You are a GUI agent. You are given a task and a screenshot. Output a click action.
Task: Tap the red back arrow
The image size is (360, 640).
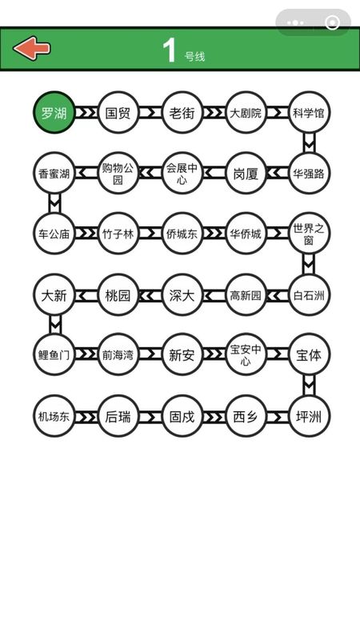[32, 49]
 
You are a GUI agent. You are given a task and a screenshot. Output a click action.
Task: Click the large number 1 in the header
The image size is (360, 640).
[169, 50]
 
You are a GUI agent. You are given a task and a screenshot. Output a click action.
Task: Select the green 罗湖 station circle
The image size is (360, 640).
[54, 112]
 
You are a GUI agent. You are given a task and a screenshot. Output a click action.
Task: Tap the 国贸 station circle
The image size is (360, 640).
[118, 112]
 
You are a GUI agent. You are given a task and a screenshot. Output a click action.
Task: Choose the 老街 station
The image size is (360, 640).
[182, 112]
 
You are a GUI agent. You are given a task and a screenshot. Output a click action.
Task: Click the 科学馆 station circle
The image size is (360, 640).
[309, 112]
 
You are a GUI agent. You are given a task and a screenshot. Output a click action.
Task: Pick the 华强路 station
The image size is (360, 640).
[309, 173]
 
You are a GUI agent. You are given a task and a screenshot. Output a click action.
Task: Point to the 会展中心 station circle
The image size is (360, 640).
[182, 173]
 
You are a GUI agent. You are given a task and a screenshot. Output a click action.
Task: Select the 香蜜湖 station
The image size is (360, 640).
[54, 173]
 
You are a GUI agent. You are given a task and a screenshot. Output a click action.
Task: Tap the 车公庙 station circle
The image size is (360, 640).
[54, 234]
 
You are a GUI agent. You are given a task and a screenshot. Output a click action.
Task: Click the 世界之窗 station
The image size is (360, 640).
[309, 234]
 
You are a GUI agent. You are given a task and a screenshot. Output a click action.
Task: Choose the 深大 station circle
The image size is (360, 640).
[182, 294]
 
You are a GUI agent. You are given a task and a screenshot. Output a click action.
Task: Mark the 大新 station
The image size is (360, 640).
[54, 294]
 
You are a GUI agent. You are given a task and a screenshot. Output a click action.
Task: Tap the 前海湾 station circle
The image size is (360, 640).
[118, 354]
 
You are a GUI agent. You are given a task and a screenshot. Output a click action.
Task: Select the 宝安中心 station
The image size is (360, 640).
[246, 354]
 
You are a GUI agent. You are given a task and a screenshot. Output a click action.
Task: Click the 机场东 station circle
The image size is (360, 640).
[54, 416]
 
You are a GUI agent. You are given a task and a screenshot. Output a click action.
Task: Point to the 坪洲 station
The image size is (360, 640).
[309, 416]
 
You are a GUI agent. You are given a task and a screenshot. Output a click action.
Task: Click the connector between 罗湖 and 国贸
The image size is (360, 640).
[86, 112]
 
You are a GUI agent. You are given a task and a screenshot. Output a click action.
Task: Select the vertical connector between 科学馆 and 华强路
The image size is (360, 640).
[309, 142]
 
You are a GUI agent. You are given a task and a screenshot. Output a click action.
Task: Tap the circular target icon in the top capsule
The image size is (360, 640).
[332, 22]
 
